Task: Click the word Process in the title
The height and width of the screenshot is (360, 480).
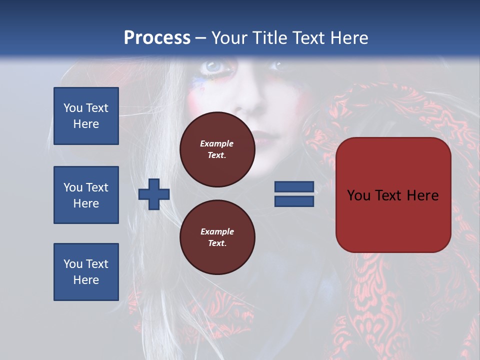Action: point(157,38)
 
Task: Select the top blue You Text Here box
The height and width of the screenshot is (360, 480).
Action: point(86,116)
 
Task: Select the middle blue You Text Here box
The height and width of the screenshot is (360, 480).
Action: point(86,195)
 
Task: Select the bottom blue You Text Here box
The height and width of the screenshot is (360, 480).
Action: point(86,271)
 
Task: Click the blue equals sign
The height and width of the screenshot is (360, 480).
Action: point(294,194)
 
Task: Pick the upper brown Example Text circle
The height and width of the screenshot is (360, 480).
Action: point(217,149)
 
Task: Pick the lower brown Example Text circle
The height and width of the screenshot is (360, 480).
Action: point(217,237)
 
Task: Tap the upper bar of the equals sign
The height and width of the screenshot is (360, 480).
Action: point(294,187)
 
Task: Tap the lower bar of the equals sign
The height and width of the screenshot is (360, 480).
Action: point(294,201)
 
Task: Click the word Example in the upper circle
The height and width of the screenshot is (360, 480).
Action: point(217,143)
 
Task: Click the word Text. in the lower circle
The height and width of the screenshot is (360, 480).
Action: point(217,243)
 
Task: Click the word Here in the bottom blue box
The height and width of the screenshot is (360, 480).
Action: point(86,280)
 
